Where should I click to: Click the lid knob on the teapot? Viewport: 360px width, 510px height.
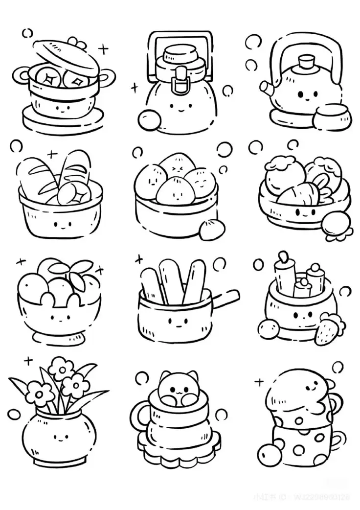306,63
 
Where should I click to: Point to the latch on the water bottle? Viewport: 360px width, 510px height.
181,80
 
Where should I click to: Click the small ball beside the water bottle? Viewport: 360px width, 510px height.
148,119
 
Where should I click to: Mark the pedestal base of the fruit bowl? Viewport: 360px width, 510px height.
58,337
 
